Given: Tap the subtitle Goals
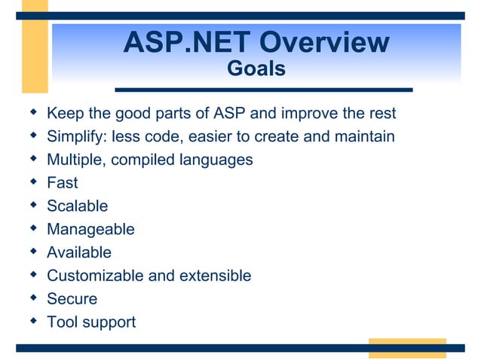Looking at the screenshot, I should pyautogui.click(x=256, y=69).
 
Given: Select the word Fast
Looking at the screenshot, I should pyautogui.click(x=63, y=183).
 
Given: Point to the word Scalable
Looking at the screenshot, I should pyautogui.click(x=77, y=206).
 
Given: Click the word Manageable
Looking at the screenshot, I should pyautogui.click(x=90, y=230).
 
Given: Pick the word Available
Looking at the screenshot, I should pyautogui.click(x=79, y=252).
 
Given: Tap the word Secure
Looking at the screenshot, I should pyautogui.click(x=72, y=299).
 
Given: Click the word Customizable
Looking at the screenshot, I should pyautogui.click(x=95, y=276).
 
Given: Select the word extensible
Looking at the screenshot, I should pyautogui.click(x=214, y=276).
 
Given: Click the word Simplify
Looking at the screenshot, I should pyautogui.click(x=77, y=137).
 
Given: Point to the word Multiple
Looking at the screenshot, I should pyautogui.click(x=75, y=160).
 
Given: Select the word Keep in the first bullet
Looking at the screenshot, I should pyautogui.click(x=63, y=114).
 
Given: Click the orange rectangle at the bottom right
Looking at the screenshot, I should pyautogui.click(x=406, y=348).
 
